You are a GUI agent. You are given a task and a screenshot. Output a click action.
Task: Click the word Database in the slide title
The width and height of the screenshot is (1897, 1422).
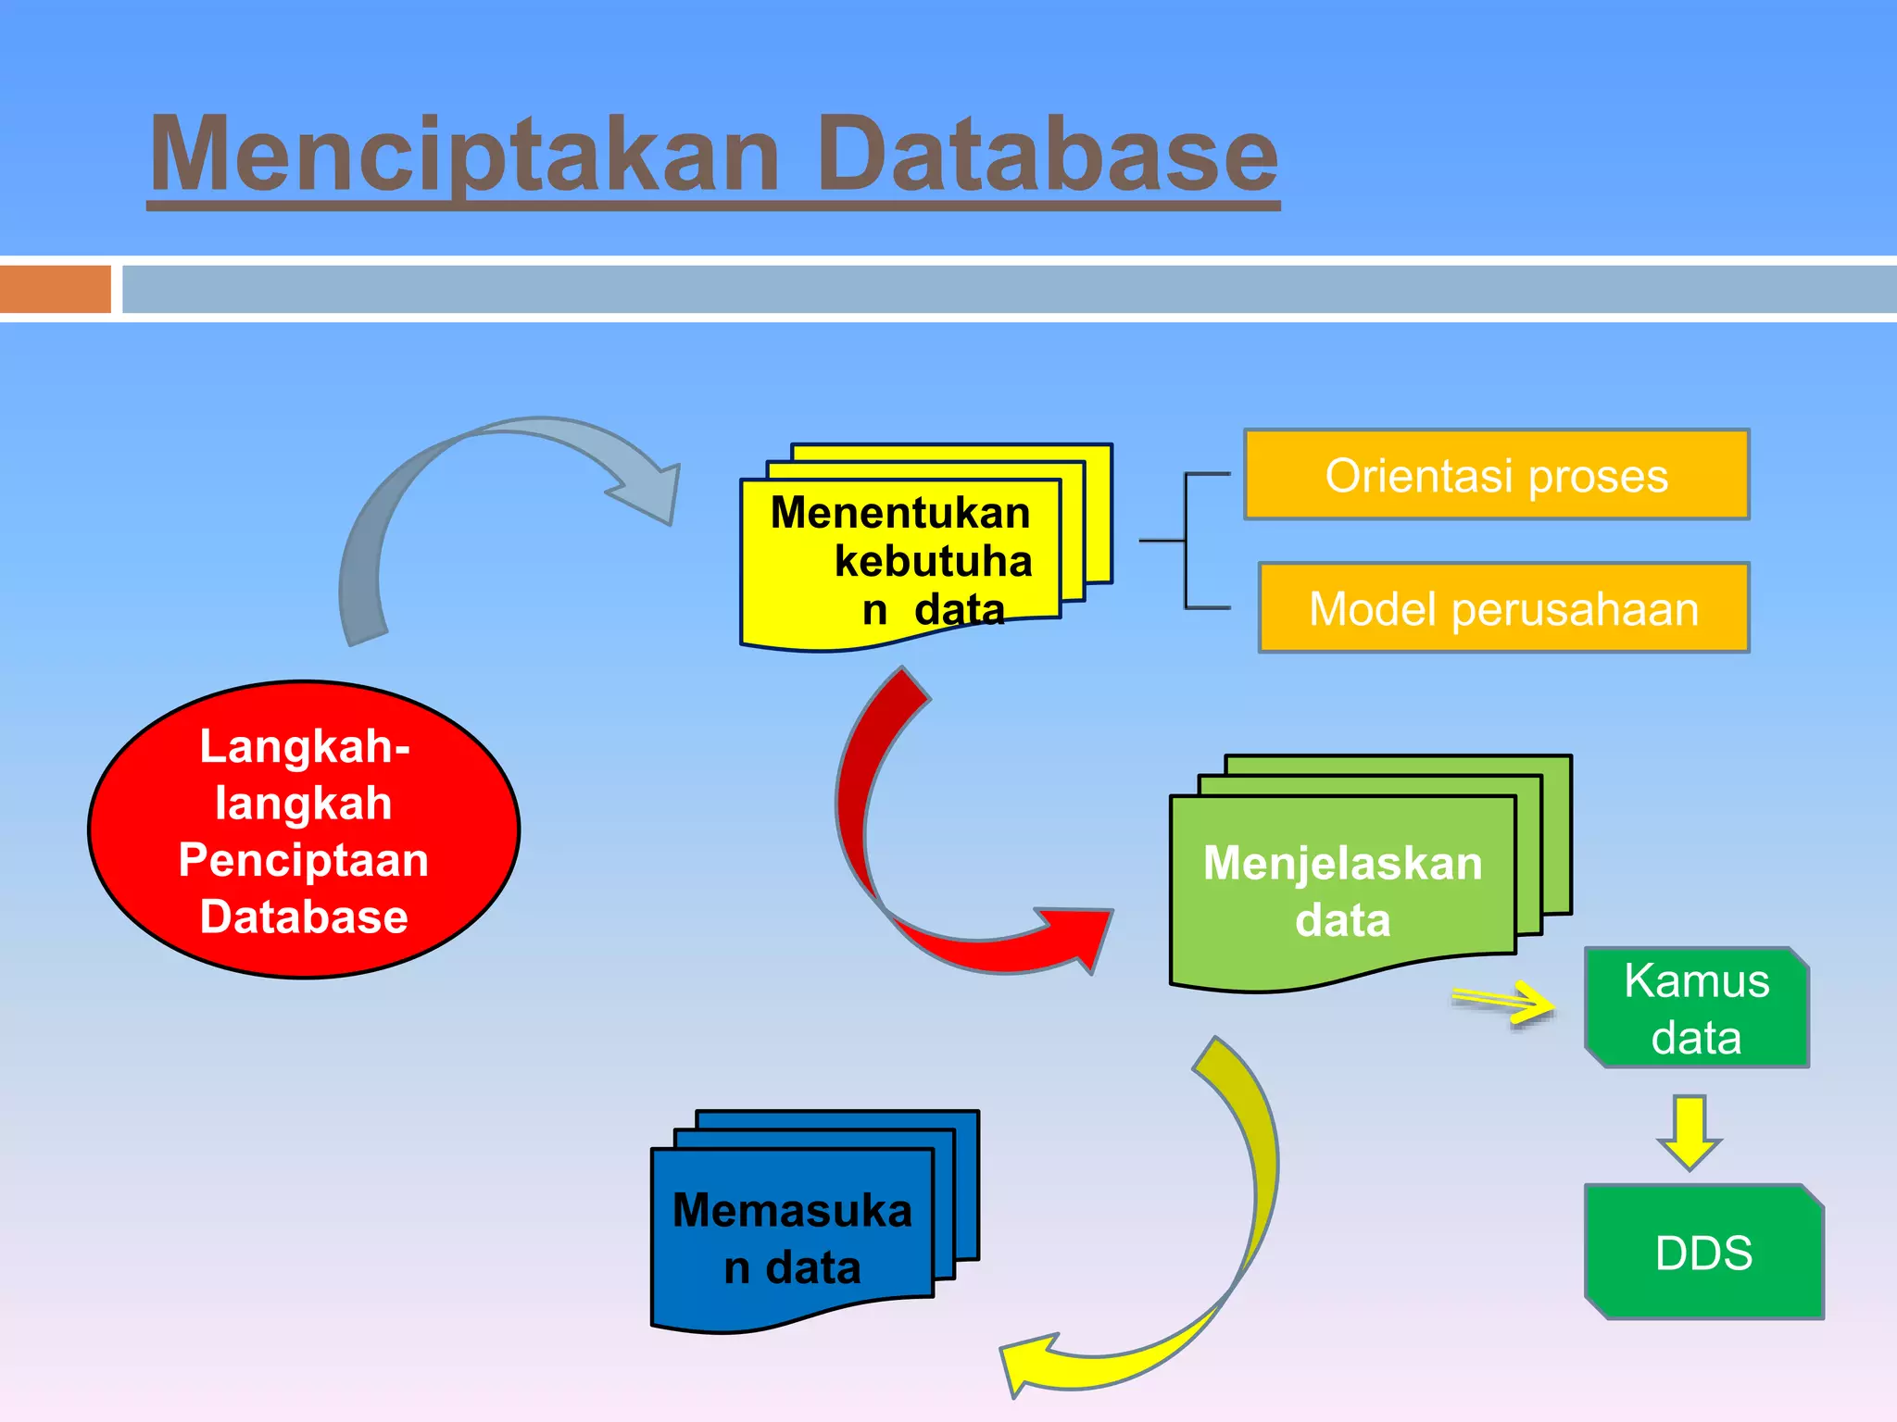1047,156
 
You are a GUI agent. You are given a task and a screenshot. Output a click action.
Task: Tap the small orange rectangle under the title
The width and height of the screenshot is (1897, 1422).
55,289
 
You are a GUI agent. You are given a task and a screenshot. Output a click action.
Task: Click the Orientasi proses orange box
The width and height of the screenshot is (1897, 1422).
1496,475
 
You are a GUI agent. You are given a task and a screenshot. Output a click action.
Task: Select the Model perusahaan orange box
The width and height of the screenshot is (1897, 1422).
1503,608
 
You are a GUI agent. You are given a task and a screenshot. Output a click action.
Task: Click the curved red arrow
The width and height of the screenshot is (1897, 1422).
871,833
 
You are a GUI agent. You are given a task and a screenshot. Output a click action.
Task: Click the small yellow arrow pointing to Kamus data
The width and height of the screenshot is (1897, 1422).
1505,1001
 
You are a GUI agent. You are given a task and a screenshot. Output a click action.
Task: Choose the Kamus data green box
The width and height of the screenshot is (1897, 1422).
1696,1008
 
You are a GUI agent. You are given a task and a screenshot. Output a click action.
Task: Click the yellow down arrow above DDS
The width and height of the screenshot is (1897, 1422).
1690,1132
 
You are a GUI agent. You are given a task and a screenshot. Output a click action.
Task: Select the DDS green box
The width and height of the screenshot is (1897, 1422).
1703,1253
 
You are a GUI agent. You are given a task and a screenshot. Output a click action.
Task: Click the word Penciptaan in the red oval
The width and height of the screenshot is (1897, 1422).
304,860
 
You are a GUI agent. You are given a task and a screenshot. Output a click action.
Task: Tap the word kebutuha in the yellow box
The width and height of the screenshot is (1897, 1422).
933,561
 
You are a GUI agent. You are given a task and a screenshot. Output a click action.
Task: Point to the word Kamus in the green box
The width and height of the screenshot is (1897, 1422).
1696,980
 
